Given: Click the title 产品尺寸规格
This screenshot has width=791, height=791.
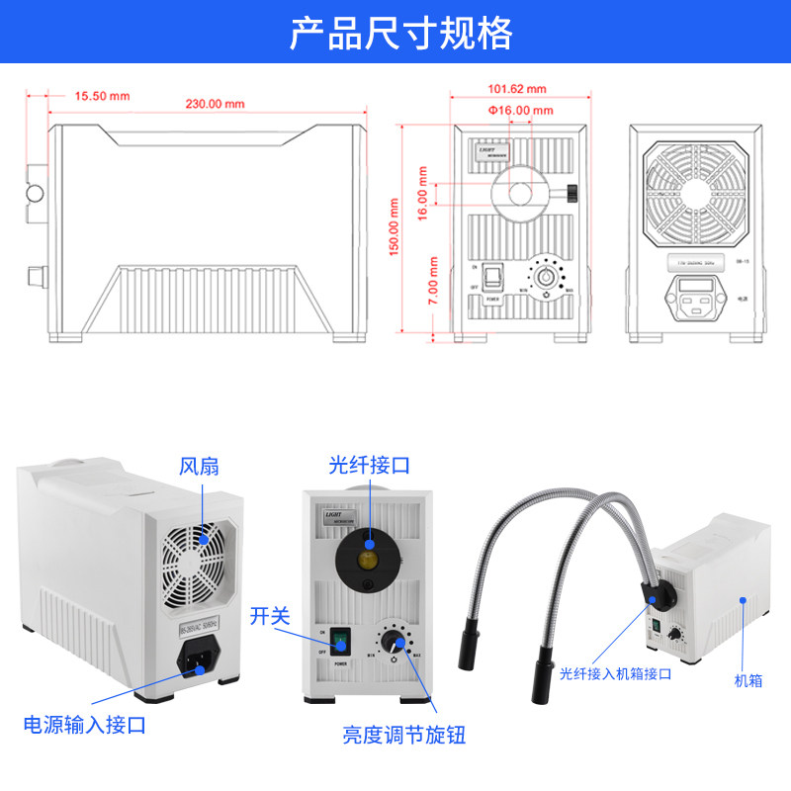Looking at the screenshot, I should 400,33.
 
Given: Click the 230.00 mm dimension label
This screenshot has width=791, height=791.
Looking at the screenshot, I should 215,104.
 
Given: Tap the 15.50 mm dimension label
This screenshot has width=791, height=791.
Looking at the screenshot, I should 102,96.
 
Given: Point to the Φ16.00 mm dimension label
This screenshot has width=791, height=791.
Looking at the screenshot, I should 520,110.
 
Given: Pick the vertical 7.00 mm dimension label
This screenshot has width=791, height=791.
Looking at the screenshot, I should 433,285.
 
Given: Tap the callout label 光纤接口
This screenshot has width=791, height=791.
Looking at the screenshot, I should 369,465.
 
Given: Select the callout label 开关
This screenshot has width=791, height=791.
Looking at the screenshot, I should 269,616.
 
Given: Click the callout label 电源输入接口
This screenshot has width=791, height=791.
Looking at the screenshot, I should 84,725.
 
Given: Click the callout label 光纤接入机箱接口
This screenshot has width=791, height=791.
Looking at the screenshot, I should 615,674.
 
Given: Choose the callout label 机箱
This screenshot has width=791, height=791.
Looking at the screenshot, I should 748,680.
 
